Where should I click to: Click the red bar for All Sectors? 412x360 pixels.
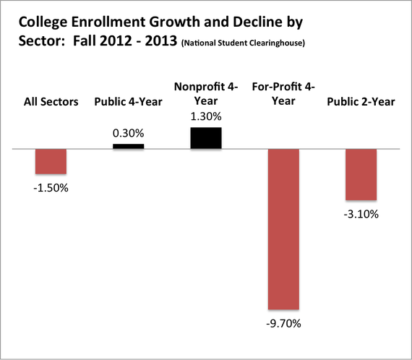tap(51, 161)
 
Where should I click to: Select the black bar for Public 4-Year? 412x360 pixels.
tap(129, 146)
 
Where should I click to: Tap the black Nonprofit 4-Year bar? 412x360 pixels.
tap(206, 138)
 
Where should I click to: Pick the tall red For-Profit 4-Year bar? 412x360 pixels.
tap(283, 229)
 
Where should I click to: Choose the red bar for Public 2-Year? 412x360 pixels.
tap(361, 174)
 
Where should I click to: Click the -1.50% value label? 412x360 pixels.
tap(51, 188)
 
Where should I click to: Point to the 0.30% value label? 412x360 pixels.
tap(129, 134)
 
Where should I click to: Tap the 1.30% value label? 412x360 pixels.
tap(206, 116)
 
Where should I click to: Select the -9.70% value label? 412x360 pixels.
tap(283, 323)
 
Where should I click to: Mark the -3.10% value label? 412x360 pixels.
tap(361, 215)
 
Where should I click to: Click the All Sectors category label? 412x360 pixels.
tap(51, 102)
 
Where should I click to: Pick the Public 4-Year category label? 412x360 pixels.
tap(129, 102)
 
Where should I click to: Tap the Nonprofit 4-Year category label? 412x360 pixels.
tap(206, 94)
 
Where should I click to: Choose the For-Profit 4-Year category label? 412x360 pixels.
tap(283, 94)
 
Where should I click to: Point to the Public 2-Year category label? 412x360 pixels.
tap(361, 102)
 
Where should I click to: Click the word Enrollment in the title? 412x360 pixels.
tap(108, 22)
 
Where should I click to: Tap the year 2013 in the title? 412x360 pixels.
tap(160, 40)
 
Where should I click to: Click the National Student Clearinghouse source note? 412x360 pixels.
tap(243, 43)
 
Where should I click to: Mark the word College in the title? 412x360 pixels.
tap(43, 22)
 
